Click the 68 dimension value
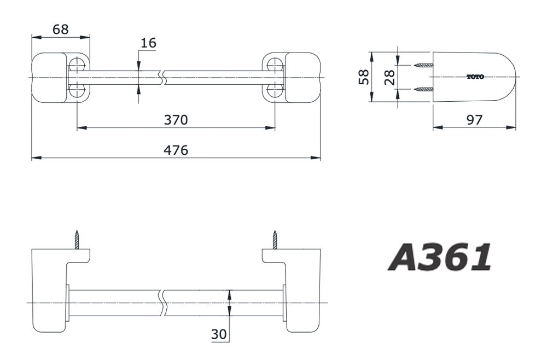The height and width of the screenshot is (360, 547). (60, 30)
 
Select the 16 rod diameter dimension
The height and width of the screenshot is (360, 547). (148, 43)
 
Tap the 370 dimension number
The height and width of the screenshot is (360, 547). (176, 120)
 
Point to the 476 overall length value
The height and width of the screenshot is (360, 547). (176, 150)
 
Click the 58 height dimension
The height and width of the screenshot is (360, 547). (364, 77)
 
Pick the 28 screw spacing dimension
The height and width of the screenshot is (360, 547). (389, 77)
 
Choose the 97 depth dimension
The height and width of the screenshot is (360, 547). (474, 120)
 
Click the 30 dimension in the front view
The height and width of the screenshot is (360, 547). (219, 334)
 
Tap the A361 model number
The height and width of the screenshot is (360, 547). (440, 258)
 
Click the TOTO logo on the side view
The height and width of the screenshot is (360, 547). (475, 77)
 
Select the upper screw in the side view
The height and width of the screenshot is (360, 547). (424, 65)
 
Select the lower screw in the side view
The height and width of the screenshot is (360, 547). (424, 89)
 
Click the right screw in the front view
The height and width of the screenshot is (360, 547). (275, 240)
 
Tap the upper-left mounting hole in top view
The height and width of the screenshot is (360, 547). (77, 64)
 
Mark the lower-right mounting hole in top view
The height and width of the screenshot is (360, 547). (275, 90)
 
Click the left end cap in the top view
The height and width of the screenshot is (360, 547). (49, 77)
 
